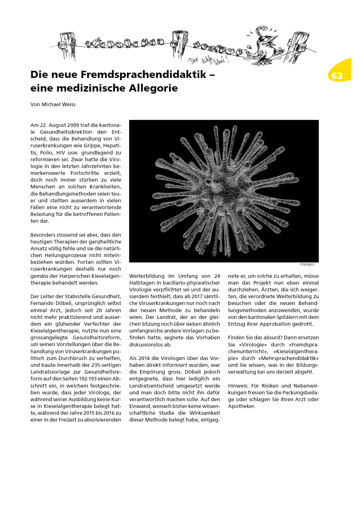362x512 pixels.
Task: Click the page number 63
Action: pos(337,76)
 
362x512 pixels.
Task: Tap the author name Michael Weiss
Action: pos(58,104)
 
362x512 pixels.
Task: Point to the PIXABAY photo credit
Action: pos(308,265)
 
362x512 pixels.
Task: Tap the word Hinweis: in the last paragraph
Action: pos(238,386)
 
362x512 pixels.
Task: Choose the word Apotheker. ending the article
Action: pos(241,406)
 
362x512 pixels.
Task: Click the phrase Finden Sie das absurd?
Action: pos(255,338)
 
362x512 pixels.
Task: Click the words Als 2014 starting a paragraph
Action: pos(141,358)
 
